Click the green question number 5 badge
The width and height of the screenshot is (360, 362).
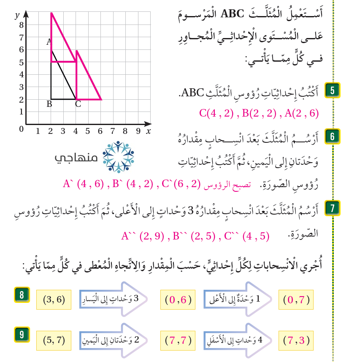click(332, 91)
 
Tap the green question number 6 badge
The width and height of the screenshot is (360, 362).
click(332, 136)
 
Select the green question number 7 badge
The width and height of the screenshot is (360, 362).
click(332, 207)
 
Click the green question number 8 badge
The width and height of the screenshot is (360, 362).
click(21, 294)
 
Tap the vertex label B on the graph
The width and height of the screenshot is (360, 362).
click(49, 105)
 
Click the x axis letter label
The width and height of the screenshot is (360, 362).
click(149, 131)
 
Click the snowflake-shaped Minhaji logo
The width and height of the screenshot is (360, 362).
click(119, 157)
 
